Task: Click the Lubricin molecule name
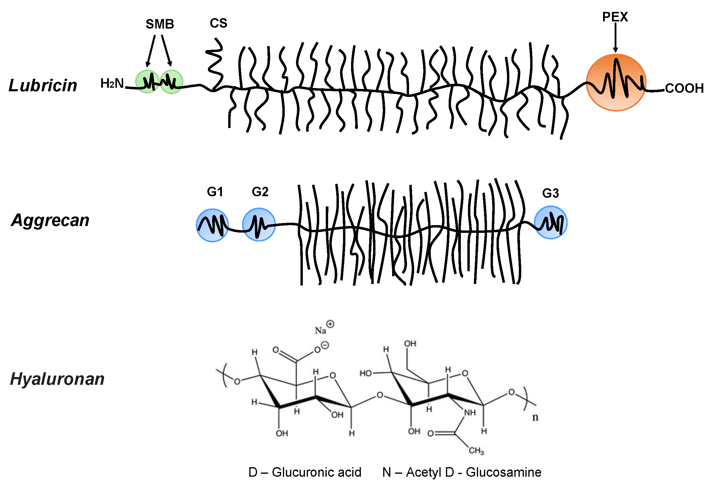[43, 85]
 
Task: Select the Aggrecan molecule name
[50, 220]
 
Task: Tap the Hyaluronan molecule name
[57, 379]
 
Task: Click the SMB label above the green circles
[160, 24]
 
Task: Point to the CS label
[218, 23]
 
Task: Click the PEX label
[615, 17]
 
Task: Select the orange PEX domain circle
[616, 82]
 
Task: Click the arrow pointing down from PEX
[616, 37]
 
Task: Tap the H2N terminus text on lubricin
[112, 84]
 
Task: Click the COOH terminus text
[684, 88]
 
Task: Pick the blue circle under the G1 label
[212, 225]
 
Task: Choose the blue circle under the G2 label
[259, 225]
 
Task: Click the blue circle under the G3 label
[551, 222]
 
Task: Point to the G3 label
[550, 193]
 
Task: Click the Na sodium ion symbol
[320, 330]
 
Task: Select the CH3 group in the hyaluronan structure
[476, 451]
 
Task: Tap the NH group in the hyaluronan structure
[470, 412]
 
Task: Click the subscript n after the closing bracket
[535, 417]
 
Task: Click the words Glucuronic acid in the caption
[317, 472]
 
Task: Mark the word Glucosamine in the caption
[504, 472]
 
